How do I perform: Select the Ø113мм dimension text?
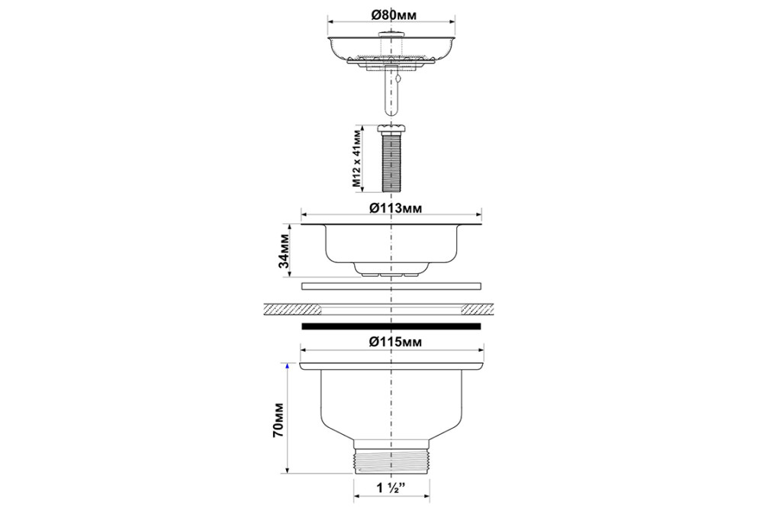pos(395,208)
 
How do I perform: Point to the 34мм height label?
pos(284,251)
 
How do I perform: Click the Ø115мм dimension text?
pos(395,342)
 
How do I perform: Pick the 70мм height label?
pos(278,419)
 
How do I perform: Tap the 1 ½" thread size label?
pos(391,488)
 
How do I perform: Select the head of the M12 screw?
pos(391,128)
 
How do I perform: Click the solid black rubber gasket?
pos(391,326)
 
